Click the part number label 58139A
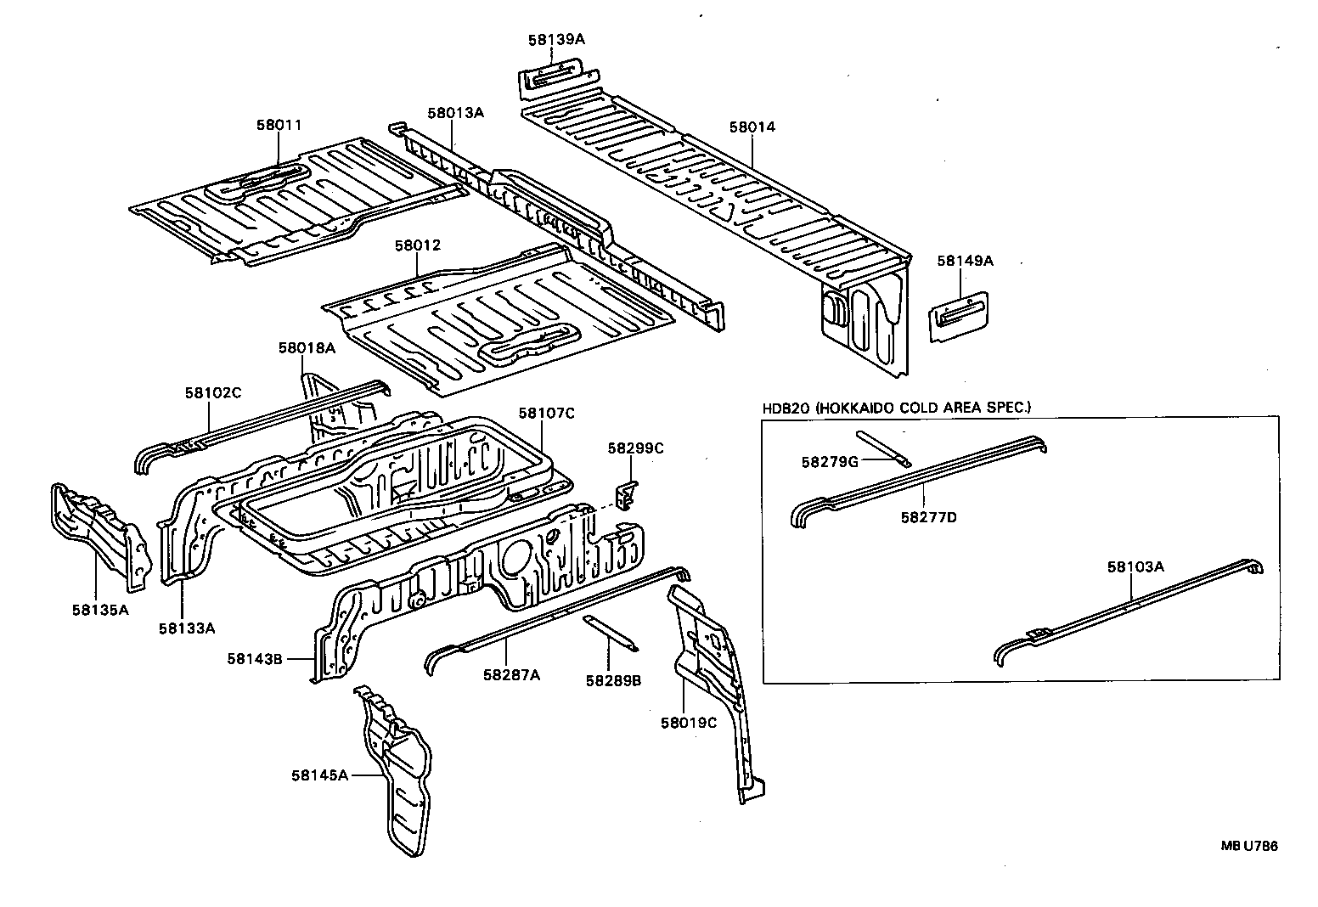coord(557,39)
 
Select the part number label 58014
coord(752,127)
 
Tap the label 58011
coord(279,125)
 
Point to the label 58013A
coord(455,112)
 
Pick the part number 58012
coord(417,245)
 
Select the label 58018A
coord(307,348)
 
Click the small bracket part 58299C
coord(627,493)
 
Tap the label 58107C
coord(546,414)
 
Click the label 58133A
coord(186,628)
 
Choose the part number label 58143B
coord(254,658)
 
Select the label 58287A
coord(511,675)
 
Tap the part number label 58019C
coord(689,723)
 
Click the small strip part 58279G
coord(883,448)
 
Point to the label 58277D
coord(927,516)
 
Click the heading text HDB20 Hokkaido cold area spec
coord(896,408)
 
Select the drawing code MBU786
coord(1249,846)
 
